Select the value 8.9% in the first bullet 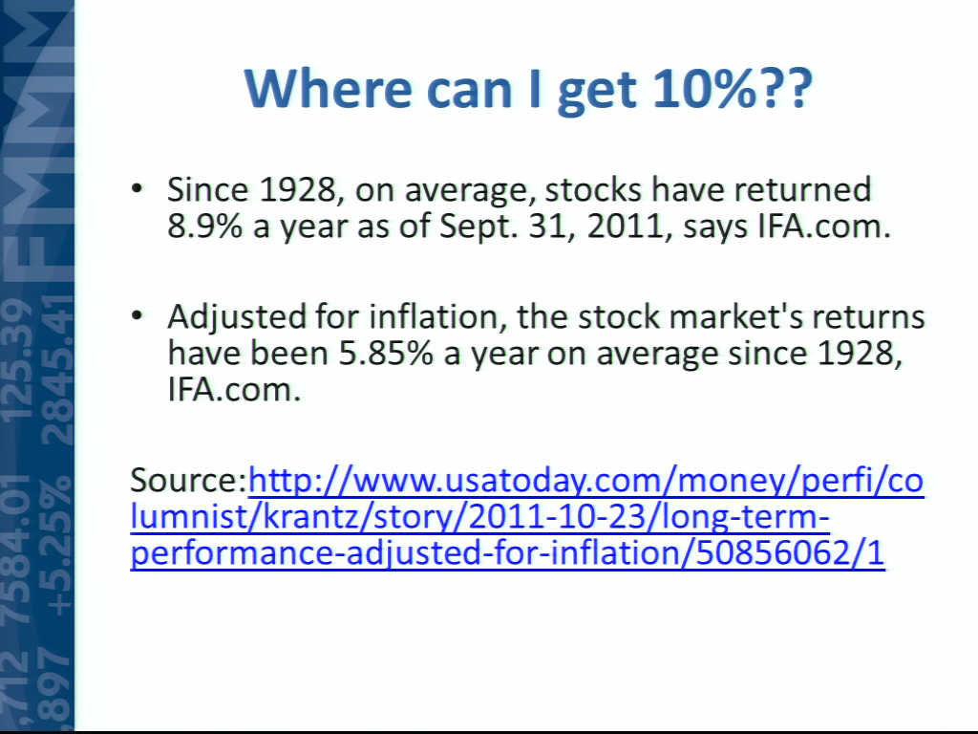click(204, 226)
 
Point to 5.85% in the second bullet click(386, 354)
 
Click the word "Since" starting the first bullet click(207, 189)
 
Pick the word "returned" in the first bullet click(802, 189)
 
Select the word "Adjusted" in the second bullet click(237, 318)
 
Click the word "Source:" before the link click(189, 480)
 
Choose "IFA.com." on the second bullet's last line click(234, 390)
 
